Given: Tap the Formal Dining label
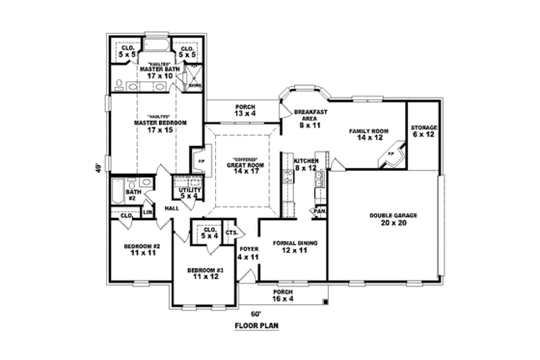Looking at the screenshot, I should point(289,246).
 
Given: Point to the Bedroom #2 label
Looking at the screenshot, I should point(141,249).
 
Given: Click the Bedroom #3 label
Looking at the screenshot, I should point(204,273).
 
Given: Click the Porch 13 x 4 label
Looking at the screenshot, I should point(244,111).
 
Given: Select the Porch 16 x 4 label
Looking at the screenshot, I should point(283,293).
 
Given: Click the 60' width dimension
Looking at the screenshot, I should point(256,315).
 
